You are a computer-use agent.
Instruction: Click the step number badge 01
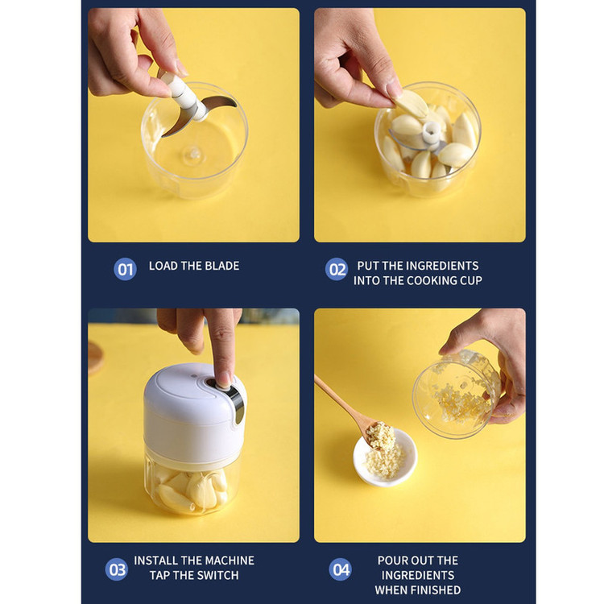click(125, 269)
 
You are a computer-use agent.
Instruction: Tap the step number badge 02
click(337, 269)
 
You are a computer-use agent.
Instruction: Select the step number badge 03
click(116, 569)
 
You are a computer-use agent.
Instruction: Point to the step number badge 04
click(340, 569)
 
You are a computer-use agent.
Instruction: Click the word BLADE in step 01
click(222, 266)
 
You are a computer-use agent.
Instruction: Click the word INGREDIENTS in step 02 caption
click(442, 266)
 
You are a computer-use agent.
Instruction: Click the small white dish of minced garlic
click(385, 457)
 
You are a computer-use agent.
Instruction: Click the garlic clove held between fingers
click(411, 103)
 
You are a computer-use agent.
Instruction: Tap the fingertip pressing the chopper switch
click(223, 380)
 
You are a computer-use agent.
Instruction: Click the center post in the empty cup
click(192, 154)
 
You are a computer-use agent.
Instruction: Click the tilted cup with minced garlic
click(456, 394)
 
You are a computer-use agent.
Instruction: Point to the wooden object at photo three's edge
click(95, 358)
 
